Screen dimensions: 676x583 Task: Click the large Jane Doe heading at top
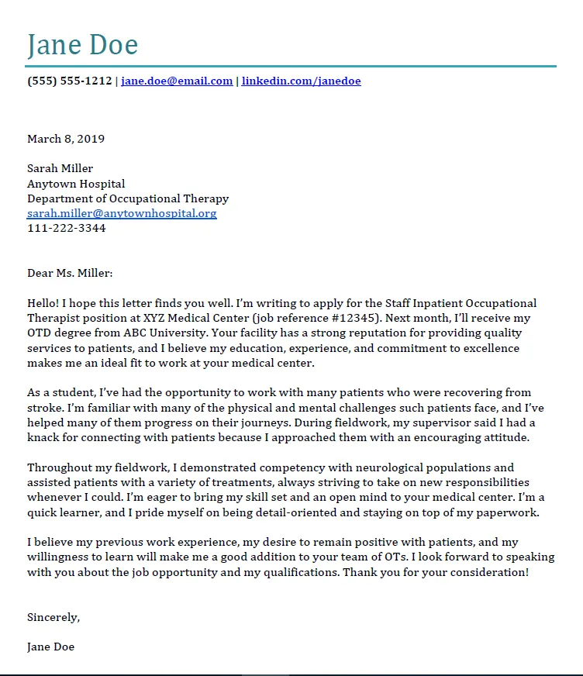(x=82, y=44)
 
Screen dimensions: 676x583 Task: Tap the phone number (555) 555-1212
(x=69, y=81)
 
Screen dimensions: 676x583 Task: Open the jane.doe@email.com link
(x=177, y=81)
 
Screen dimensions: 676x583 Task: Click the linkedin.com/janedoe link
(x=301, y=81)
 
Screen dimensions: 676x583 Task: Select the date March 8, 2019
(x=66, y=140)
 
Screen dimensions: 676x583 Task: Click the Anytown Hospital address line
(x=76, y=184)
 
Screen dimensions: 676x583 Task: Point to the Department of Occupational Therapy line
(x=128, y=198)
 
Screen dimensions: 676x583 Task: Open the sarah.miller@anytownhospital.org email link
(x=122, y=213)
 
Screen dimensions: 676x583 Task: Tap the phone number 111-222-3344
(x=67, y=228)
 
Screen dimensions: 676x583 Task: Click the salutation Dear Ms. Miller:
(x=70, y=273)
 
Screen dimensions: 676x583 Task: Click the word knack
(x=44, y=437)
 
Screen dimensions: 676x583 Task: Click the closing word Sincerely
(x=53, y=617)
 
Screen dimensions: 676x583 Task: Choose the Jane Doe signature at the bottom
(x=51, y=646)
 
